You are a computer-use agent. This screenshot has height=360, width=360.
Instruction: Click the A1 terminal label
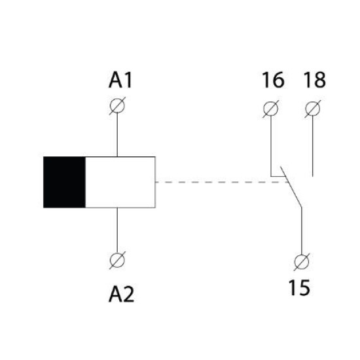point(120,80)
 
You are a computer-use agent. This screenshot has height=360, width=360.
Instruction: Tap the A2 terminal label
point(121,295)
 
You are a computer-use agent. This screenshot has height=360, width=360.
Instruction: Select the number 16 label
point(273,80)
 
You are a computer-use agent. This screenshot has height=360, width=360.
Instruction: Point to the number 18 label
point(315,80)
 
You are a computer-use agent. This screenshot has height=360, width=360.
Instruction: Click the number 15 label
point(299,287)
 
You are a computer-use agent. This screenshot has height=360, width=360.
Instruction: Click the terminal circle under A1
point(117,106)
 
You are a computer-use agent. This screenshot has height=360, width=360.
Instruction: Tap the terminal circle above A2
point(117,261)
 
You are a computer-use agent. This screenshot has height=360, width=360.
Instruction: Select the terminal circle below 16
point(271,109)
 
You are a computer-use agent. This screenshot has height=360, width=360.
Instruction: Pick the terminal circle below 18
point(313,109)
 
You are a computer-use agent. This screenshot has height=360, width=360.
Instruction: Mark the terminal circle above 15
point(302,262)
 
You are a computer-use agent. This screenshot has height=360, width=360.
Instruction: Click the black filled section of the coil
point(64,183)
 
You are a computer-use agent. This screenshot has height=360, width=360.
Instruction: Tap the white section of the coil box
point(120,183)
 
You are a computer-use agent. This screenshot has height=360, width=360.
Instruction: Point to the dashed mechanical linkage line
point(222,182)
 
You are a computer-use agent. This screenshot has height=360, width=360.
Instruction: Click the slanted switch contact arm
point(291,187)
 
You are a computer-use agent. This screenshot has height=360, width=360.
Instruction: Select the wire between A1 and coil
point(117,135)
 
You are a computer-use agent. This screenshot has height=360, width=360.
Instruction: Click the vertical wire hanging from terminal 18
point(313,146)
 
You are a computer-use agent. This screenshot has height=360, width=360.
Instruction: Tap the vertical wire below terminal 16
point(271,146)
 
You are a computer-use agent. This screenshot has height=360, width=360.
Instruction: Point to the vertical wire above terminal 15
point(302,231)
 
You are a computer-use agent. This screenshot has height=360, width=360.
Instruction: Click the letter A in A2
point(115,295)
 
